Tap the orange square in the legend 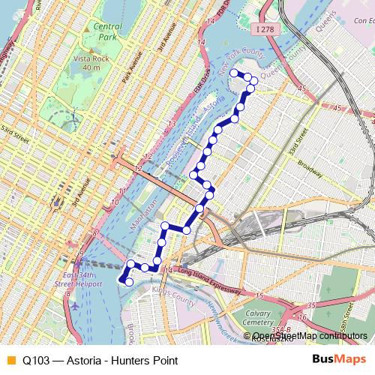(10, 360)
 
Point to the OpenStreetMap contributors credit (310, 335)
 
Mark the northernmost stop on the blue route (232, 73)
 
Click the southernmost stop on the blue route (128, 282)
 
